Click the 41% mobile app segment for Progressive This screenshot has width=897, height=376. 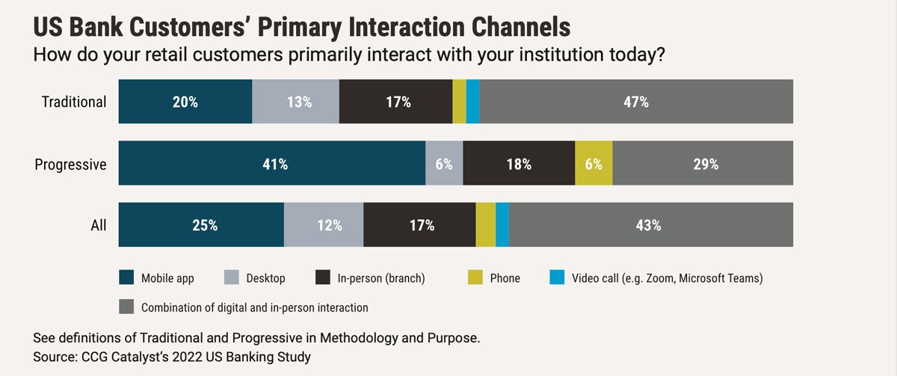(x=272, y=164)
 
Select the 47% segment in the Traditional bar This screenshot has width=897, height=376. (x=636, y=102)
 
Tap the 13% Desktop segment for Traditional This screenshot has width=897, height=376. (x=296, y=102)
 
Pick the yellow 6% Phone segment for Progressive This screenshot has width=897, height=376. (x=594, y=164)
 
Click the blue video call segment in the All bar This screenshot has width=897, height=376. (x=502, y=224)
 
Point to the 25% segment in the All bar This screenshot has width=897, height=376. (x=201, y=224)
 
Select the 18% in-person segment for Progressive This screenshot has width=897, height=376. (x=519, y=164)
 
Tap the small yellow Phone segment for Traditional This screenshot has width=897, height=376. (x=459, y=102)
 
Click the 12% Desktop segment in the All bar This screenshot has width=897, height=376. (x=324, y=224)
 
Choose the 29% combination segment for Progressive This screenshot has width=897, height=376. (x=703, y=164)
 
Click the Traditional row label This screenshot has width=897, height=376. (x=74, y=102)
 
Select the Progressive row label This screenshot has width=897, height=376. (x=71, y=164)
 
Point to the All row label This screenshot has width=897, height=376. (x=99, y=225)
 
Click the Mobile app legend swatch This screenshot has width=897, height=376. (x=127, y=278)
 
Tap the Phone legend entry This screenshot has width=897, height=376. (x=505, y=278)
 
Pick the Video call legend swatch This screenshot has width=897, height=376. (x=557, y=278)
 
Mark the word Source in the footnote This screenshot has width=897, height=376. (x=55, y=357)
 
